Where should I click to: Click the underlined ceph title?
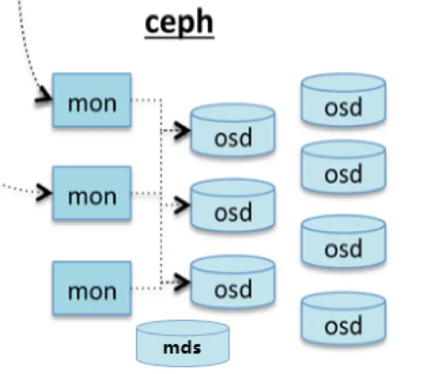click(179, 24)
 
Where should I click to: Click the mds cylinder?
click(182, 344)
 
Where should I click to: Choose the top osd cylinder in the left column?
click(232, 132)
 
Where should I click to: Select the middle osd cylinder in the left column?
click(232, 207)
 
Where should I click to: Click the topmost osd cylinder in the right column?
click(343, 101)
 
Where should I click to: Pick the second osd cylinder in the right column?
click(343, 169)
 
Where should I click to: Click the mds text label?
click(182, 347)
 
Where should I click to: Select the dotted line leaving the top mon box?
click(147, 101)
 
